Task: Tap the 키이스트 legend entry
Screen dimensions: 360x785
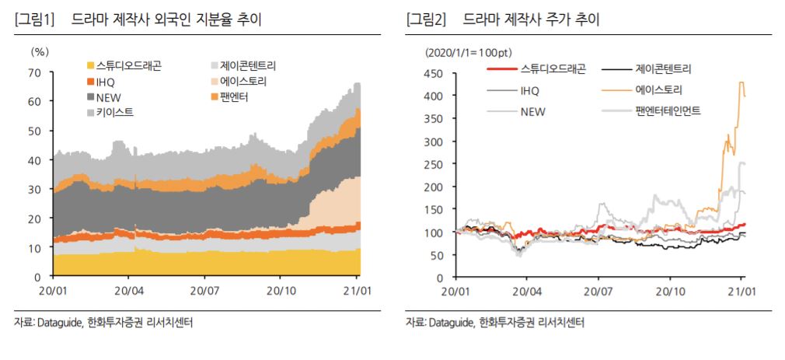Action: [113, 113]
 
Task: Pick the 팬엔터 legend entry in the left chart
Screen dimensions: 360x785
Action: [239, 97]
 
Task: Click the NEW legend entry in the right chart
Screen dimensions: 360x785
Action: [532, 111]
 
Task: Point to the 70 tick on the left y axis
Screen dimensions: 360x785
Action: [34, 73]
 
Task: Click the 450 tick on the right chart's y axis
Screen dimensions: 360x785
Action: [433, 74]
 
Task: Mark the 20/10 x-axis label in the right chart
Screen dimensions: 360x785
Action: [669, 291]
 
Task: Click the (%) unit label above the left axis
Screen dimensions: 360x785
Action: [40, 52]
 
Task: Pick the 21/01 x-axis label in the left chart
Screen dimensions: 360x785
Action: [356, 291]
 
